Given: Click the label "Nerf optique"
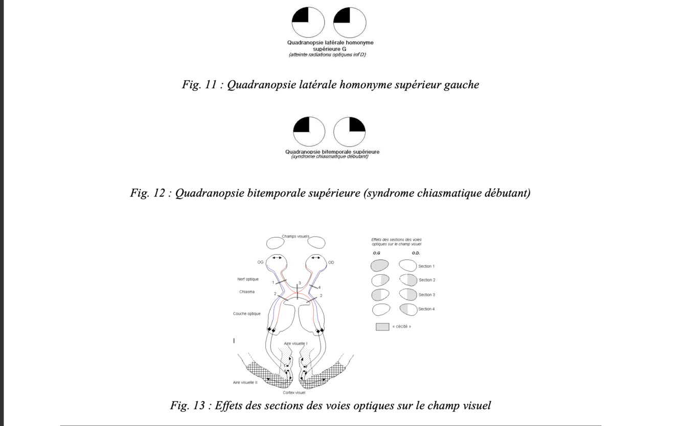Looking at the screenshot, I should pos(248,279).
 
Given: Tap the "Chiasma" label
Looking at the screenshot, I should pos(247,292).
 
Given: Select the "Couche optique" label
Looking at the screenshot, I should pos(247,314).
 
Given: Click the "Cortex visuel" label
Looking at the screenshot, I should pos(294,392).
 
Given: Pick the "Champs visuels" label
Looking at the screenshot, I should pos(295,236).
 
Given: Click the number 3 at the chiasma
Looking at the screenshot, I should pos(300,283).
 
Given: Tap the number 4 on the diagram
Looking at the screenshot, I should pos(320,288).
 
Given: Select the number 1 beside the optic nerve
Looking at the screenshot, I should pos(273,282).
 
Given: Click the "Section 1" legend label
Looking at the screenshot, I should pos(426,266).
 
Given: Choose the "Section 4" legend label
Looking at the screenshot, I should pos(426,309).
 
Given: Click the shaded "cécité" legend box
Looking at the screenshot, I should pos(382,326).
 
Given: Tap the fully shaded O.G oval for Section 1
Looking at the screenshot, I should pos(379,265).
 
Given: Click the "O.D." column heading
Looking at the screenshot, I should pos(416,253).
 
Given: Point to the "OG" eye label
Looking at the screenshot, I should pos(260,262).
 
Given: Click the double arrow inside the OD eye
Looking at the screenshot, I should pos(316,258).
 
